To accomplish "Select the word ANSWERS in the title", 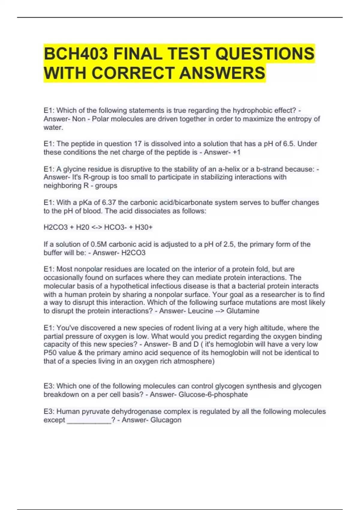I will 222,73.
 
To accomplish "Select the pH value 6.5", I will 290,144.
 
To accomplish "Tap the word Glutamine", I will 243,311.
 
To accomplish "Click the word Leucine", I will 200,311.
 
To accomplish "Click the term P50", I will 50,353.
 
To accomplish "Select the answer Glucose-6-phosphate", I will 213,394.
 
